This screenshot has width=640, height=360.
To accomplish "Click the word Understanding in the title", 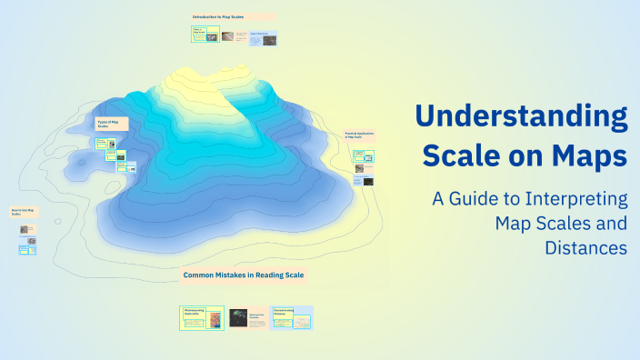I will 521,118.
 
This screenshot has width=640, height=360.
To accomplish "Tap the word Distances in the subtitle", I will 586,246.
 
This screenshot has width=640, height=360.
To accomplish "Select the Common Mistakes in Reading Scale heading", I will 244,275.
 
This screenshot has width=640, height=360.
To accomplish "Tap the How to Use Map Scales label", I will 24,213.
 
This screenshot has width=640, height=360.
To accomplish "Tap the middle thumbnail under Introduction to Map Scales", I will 234,37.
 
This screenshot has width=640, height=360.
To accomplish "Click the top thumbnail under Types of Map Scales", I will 104,144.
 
